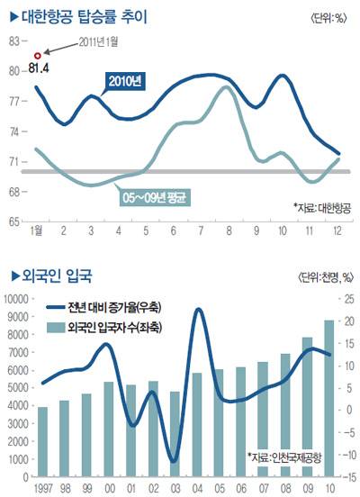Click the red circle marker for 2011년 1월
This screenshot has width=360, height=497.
[x=38, y=56]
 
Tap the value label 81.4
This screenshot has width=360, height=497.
[x=39, y=68]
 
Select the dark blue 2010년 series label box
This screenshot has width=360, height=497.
[x=125, y=81]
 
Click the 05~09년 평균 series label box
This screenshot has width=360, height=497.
[x=155, y=198]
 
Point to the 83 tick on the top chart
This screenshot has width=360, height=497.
[x=14, y=41]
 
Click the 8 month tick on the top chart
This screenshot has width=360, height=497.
[x=229, y=230]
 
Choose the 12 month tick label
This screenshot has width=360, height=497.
[x=337, y=230]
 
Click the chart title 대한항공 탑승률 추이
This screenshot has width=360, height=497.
[x=84, y=16]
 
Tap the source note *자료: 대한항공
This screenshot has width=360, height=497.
[x=322, y=208]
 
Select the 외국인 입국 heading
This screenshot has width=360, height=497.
[x=57, y=276]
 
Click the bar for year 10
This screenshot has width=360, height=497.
[x=329, y=399]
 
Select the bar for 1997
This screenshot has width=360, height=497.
[x=43, y=442]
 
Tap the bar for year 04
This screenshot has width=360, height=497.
[x=197, y=425]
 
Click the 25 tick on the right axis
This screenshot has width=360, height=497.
[x=348, y=299]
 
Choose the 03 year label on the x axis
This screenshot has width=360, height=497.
[x=175, y=488]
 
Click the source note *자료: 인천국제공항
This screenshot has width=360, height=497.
[x=284, y=457]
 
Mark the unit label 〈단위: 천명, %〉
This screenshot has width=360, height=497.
[x=325, y=278]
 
